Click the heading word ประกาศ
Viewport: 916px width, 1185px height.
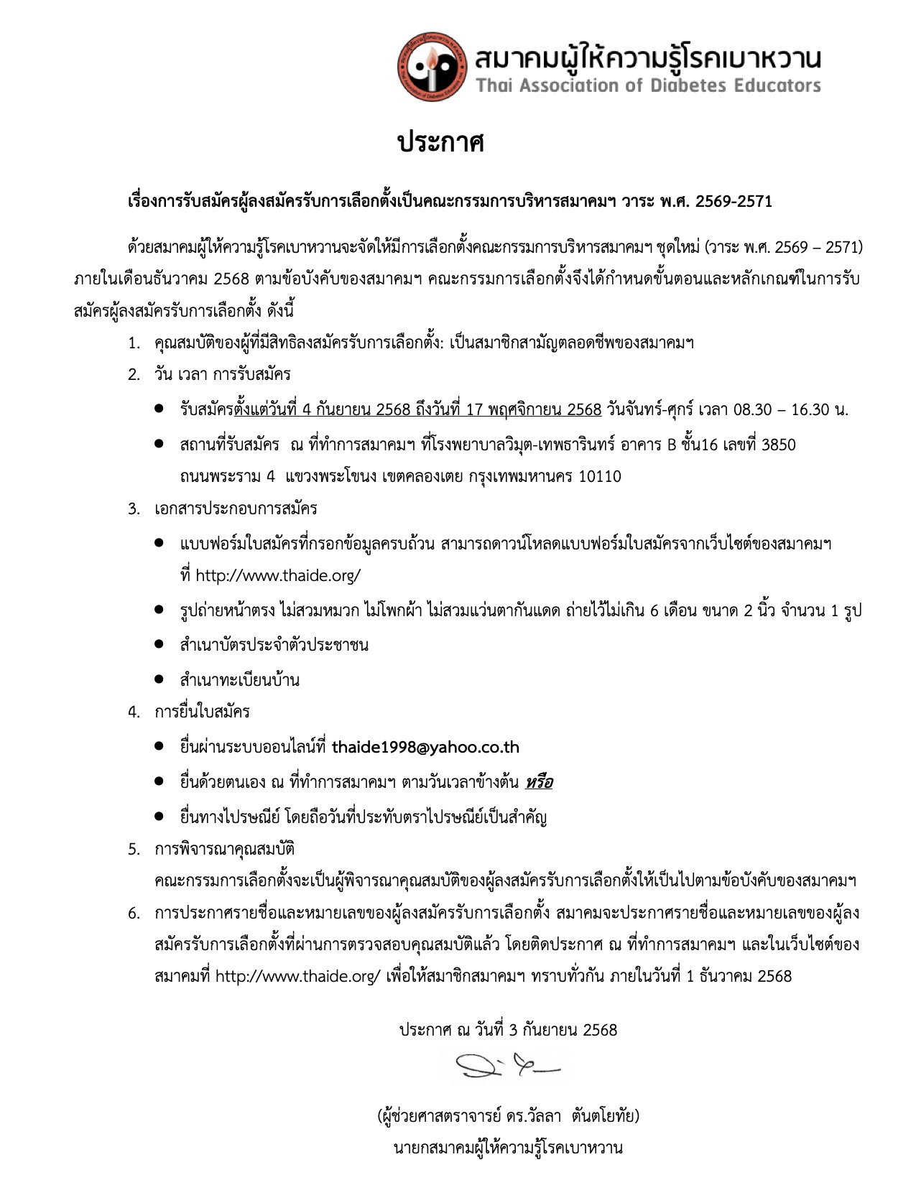(441, 142)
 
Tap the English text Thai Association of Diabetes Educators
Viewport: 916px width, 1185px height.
(648, 86)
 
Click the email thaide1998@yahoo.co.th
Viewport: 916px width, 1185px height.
(425, 747)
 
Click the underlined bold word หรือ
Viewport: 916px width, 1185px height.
(539, 782)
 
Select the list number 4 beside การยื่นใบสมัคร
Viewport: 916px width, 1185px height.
(134, 712)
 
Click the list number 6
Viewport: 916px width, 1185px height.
(134, 914)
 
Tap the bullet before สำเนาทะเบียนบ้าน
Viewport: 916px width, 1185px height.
(159, 679)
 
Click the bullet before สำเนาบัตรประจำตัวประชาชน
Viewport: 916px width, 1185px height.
(159, 643)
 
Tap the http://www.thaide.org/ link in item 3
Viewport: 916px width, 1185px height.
(278, 575)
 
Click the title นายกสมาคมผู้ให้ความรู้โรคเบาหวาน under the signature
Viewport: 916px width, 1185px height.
(508, 1148)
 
